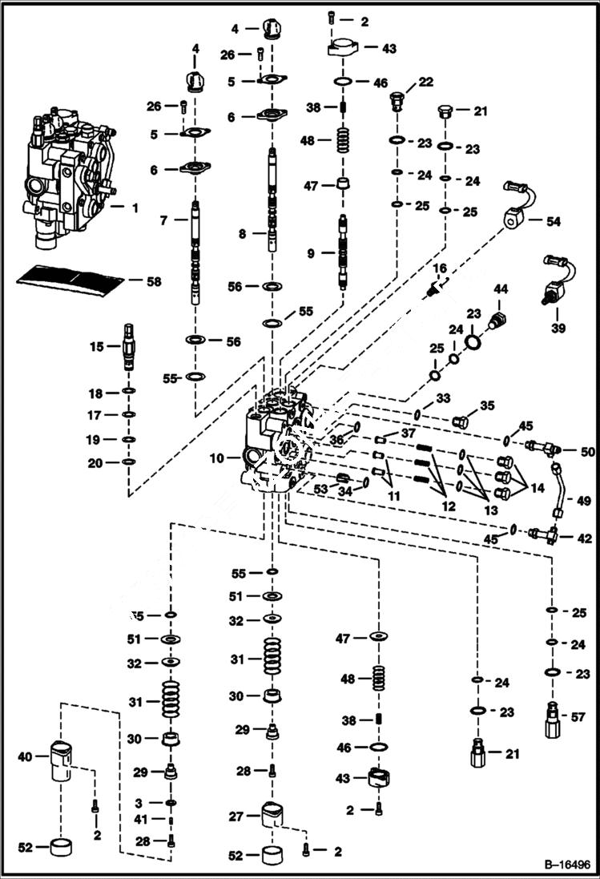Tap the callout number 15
click(96, 347)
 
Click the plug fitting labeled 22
click(394, 101)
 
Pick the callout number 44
click(501, 288)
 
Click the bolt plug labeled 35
click(460, 421)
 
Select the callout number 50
click(588, 453)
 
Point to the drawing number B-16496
click(566, 865)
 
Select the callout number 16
click(440, 268)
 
